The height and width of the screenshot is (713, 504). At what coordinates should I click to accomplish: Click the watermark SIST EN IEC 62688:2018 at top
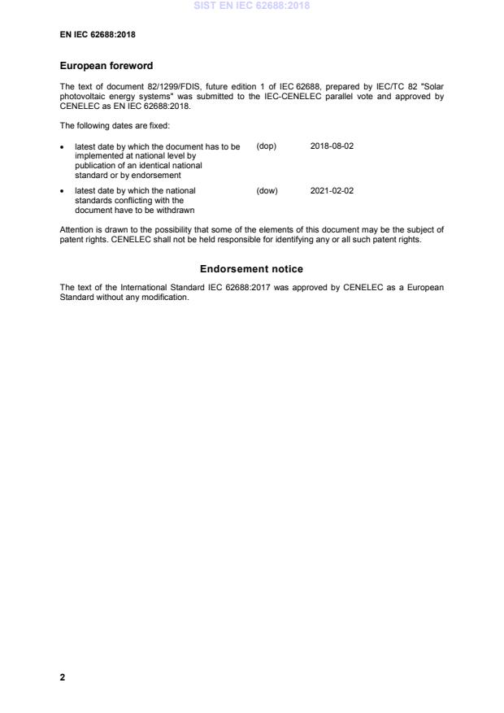(251, 7)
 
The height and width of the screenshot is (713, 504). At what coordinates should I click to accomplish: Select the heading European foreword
(106, 66)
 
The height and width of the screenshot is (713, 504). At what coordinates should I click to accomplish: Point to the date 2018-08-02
(332, 146)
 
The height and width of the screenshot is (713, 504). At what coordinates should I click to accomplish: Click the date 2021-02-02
(332, 191)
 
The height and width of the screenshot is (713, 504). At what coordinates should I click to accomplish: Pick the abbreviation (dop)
(267, 146)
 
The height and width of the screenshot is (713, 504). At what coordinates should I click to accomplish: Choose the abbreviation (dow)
(267, 191)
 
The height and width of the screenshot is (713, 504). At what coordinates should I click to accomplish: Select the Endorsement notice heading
(251, 269)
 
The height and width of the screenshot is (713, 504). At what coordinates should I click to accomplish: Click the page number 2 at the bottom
(63, 677)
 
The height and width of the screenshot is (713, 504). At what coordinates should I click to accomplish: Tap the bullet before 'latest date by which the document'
(63, 147)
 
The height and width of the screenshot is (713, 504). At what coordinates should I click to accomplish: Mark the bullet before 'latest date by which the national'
(63, 192)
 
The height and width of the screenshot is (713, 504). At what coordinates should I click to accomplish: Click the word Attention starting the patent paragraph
(76, 230)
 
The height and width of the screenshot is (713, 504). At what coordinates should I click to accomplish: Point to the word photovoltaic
(81, 96)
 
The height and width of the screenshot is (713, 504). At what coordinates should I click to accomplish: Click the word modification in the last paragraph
(167, 298)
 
